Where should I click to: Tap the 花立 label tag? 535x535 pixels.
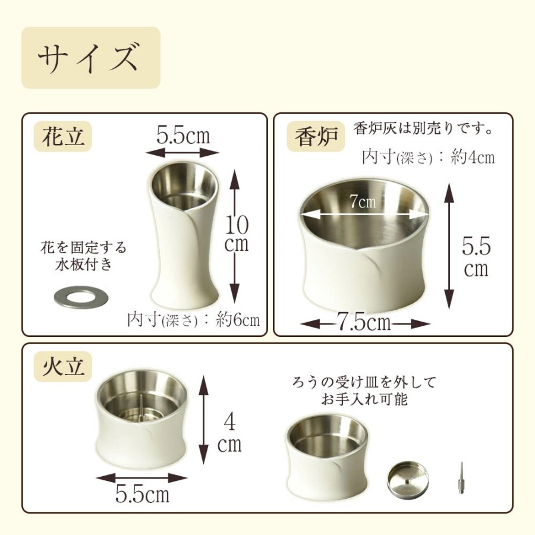[63, 137]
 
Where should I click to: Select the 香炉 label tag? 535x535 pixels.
[316, 137]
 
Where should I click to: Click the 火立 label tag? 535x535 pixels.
[63, 366]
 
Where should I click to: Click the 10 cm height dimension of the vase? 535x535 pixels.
[237, 234]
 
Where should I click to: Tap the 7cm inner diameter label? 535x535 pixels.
[363, 202]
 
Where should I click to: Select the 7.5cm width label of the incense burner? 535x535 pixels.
[364, 322]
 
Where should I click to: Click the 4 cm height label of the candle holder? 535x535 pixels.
[229, 433]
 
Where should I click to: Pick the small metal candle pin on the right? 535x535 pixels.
[461, 478]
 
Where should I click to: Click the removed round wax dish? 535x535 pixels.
[408, 479]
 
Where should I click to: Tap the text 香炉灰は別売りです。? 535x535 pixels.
[423, 129]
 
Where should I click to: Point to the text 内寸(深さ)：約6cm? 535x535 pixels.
[193, 320]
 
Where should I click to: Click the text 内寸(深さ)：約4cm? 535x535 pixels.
[428, 158]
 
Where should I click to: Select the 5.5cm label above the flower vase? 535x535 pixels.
[183, 135]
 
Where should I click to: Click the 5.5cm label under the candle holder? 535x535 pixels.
[142, 493]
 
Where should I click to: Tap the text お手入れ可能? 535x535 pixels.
[364, 398]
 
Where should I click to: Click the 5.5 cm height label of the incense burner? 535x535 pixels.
[476, 257]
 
